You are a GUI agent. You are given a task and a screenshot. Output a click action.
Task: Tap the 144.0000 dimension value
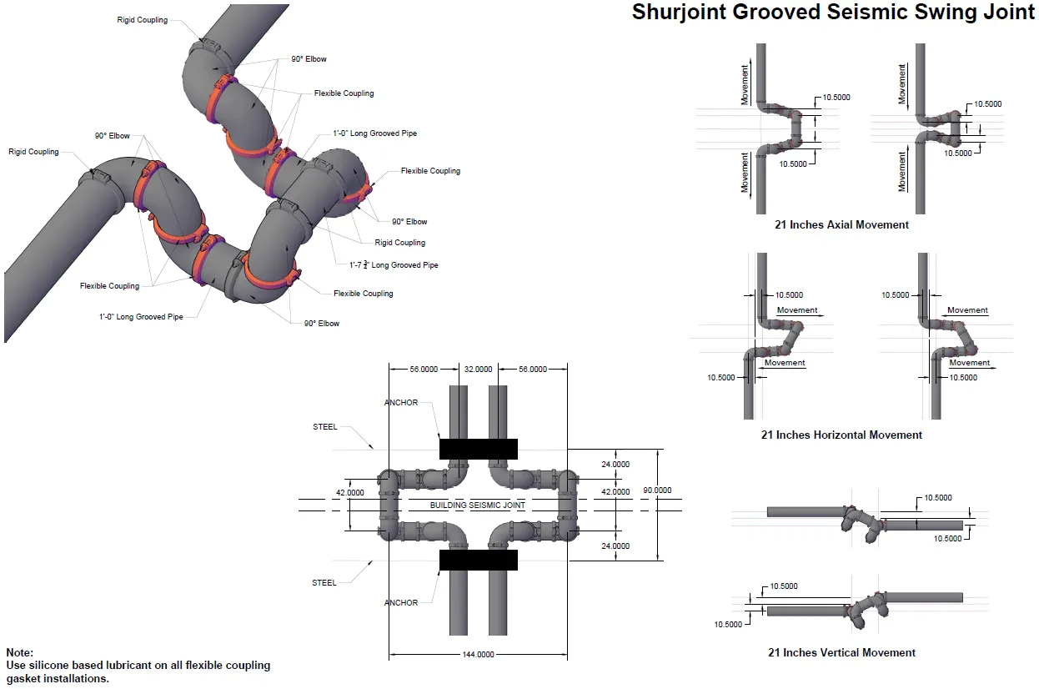(x=478, y=654)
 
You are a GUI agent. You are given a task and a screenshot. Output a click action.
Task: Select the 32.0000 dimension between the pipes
(x=478, y=369)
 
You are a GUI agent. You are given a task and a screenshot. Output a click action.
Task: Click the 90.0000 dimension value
(x=656, y=490)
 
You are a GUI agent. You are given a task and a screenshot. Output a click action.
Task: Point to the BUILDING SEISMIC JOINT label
(x=478, y=505)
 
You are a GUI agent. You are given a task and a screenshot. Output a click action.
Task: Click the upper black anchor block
(x=478, y=449)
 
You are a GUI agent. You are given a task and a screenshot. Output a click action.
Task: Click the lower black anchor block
(x=478, y=560)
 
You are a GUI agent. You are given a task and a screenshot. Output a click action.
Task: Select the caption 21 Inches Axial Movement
(x=841, y=224)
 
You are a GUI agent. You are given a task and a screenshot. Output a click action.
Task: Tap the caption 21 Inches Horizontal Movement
(x=841, y=435)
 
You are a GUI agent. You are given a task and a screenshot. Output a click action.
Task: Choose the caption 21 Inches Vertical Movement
(x=841, y=652)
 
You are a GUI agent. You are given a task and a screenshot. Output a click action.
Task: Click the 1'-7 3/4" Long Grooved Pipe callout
(x=394, y=264)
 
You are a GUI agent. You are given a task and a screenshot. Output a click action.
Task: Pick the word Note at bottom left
(x=20, y=652)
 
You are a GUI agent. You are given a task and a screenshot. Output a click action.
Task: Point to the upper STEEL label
(x=325, y=427)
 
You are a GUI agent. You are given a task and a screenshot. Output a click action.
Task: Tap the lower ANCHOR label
(x=401, y=603)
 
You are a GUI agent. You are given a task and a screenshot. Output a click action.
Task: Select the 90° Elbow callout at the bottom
(x=322, y=323)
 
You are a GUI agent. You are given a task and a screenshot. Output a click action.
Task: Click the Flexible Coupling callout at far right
(x=430, y=171)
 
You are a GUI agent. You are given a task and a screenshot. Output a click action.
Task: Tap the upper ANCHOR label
(x=401, y=403)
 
